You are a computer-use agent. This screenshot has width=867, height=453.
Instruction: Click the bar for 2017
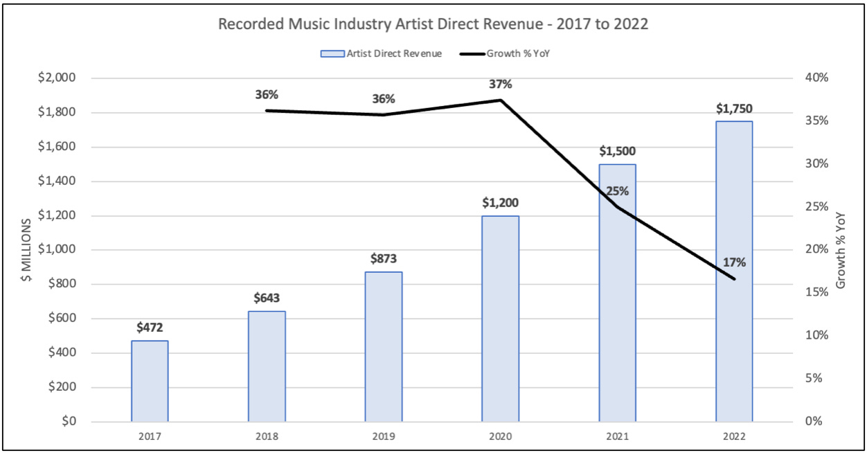pos(150,381)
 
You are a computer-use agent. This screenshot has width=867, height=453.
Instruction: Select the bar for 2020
pos(501,319)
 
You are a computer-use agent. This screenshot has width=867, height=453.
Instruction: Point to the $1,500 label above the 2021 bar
pos(617,150)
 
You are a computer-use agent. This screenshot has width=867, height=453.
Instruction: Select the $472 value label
pos(150,326)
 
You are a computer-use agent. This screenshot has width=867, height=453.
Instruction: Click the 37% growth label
pos(500,84)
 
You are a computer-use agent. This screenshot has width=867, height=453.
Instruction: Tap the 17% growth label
pos(734,263)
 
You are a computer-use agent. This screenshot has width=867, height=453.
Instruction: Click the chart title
pos(433,24)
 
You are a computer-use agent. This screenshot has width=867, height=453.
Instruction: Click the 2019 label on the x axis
pos(383,438)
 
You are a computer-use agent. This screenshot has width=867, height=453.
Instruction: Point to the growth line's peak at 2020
pos(501,100)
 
